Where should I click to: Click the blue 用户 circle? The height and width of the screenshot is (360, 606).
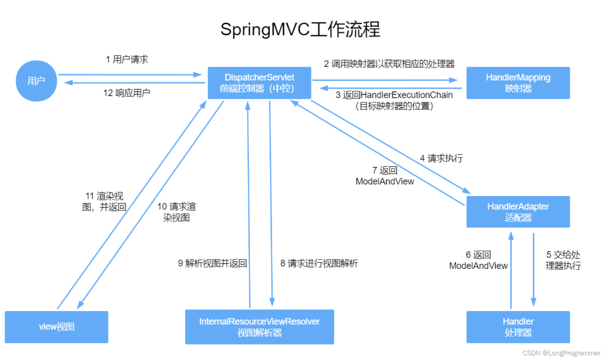(x=36, y=81)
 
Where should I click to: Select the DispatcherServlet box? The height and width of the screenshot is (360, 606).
(x=259, y=83)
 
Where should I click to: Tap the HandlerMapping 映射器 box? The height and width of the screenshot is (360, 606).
(x=518, y=83)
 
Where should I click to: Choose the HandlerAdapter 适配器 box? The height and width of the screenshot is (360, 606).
(x=518, y=212)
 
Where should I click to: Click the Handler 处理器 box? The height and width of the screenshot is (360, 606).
(x=518, y=327)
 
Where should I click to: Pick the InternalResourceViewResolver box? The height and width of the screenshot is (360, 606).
(x=259, y=327)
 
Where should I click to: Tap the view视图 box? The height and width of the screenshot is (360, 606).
(x=56, y=327)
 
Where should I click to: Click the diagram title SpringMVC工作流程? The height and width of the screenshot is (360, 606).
(x=300, y=29)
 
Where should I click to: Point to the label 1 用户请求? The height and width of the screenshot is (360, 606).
(x=127, y=59)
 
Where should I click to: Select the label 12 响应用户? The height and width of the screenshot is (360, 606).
(x=127, y=93)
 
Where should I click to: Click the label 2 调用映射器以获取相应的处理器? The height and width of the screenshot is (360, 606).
(x=389, y=64)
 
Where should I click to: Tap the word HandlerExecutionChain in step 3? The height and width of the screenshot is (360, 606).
(x=406, y=95)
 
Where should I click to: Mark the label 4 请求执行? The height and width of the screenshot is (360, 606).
(x=441, y=158)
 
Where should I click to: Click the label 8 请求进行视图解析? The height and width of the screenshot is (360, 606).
(x=319, y=263)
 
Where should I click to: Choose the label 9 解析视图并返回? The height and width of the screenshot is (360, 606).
(x=212, y=263)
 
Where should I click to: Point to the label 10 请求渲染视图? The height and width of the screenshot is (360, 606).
(x=176, y=212)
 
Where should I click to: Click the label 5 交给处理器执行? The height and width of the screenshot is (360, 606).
(x=563, y=260)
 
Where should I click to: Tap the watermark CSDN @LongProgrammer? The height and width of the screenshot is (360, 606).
(x=561, y=353)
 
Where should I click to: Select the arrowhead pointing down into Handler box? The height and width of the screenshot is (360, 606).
(x=533, y=302)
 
